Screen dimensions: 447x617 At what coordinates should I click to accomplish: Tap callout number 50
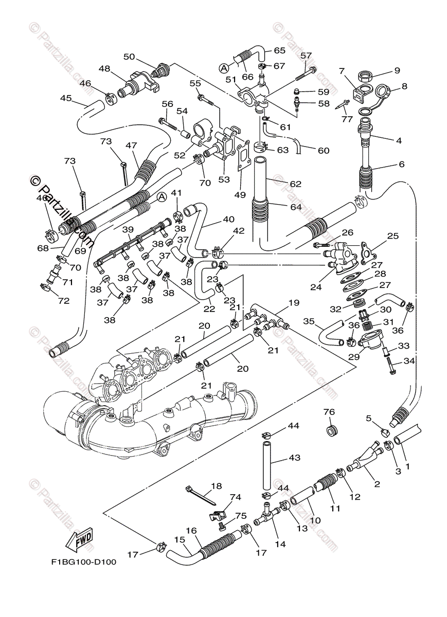[129, 57]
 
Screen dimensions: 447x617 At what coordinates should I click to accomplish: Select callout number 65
[279, 51]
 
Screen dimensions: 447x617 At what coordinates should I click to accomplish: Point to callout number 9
[397, 70]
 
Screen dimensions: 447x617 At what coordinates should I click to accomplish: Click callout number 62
[295, 184]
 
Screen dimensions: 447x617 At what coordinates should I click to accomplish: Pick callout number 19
[294, 303]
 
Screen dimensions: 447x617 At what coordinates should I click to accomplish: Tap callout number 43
[294, 458]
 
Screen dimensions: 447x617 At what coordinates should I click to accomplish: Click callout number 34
[409, 360]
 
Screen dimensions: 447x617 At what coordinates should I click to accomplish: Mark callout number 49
[240, 195]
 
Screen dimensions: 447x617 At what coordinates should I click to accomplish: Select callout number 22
[209, 309]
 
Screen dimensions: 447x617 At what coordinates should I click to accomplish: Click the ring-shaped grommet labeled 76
[332, 431]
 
